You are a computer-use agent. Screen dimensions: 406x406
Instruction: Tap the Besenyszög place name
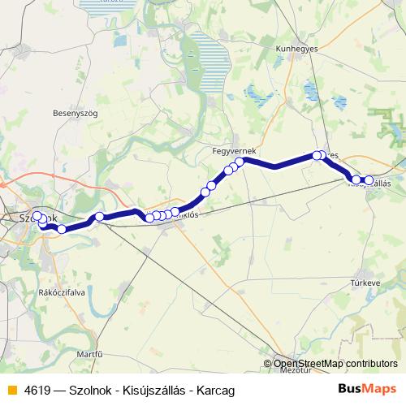point(74,114)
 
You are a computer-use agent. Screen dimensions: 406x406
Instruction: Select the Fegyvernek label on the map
point(234,152)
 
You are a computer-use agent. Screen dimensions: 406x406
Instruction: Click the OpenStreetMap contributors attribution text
point(335,364)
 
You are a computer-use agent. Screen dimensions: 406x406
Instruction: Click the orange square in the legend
point(11,390)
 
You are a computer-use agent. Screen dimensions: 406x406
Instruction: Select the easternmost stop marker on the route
point(369,180)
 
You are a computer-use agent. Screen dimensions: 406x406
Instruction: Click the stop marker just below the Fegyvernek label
point(240,162)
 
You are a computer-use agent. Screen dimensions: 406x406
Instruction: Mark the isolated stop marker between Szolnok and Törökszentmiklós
point(99,217)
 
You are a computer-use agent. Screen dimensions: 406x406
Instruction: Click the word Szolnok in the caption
point(98,390)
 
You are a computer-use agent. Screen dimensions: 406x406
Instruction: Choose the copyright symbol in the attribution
point(268,364)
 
